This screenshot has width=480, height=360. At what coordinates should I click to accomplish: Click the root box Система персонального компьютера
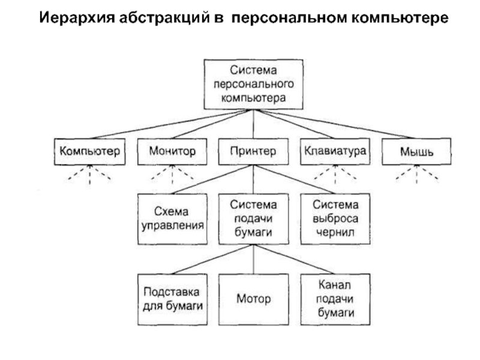[253, 84]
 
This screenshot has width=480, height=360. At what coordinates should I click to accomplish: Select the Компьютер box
[89, 152]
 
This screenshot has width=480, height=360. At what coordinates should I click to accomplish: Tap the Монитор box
[172, 152]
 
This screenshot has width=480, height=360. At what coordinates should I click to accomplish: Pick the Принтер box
[253, 152]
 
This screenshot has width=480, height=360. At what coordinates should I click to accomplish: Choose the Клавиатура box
[335, 152]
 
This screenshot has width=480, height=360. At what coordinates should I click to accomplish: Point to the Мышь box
[416, 152]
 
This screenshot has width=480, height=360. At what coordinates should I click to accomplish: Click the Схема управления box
[172, 219]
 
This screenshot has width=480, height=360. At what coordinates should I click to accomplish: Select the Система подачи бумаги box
[253, 219]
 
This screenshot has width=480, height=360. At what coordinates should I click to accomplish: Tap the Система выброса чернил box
[335, 219]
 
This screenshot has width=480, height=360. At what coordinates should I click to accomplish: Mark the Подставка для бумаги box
[172, 299]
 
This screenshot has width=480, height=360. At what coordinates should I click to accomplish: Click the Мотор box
[253, 299]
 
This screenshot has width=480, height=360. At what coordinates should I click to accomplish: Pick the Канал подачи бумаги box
[335, 299]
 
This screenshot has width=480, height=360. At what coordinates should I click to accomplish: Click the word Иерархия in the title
[77, 18]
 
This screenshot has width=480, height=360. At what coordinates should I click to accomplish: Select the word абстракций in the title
[164, 18]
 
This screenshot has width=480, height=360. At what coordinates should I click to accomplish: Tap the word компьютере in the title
[400, 18]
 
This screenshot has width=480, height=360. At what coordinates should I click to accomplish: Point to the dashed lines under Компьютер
[89, 175]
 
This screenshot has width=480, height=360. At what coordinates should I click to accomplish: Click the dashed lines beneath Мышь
[416, 175]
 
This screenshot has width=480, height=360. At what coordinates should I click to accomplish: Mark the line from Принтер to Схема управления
[213, 179]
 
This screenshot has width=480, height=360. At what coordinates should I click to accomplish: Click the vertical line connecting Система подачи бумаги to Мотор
[253, 259]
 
